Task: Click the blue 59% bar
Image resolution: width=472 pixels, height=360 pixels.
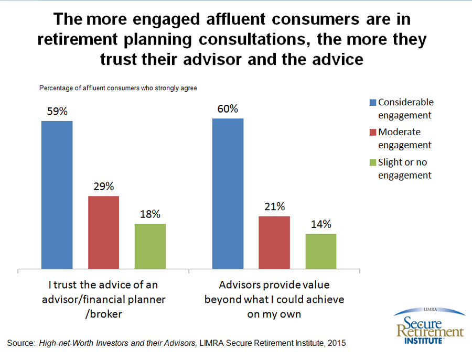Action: [57, 195]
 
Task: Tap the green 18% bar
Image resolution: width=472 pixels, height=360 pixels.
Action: [150, 246]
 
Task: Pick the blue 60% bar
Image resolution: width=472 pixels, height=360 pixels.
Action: [228, 194]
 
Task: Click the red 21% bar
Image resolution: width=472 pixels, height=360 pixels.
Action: [274, 243]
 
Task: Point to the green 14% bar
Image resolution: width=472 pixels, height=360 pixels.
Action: [320, 252]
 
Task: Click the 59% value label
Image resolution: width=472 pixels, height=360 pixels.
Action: [57, 111]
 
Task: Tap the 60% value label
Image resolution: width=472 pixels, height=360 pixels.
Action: [228, 109]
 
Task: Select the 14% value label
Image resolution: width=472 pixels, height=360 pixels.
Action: [320, 224]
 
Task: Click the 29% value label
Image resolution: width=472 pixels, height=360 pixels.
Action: [103, 187]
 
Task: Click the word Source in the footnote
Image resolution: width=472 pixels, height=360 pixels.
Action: [20, 343]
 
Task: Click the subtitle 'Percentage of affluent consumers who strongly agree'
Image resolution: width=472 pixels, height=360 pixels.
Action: [118, 88]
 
